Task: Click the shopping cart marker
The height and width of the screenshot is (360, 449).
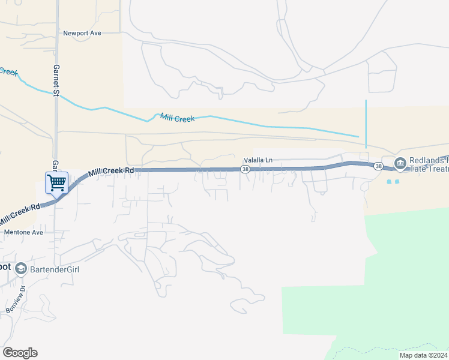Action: pyautogui.click(x=56, y=182)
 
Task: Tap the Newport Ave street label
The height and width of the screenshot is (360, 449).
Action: pyautogui.click(x=83, y=33)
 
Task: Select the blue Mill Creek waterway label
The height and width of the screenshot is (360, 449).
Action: pyautogui.click(x=177, y=118)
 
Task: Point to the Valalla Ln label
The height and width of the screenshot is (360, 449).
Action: pyautogui.click(x=258, y=160)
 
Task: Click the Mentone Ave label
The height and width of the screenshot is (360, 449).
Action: pyautogui.click(x=24, y=232)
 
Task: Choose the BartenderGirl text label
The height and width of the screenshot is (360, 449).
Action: pyautogui.click(x=54, y=269)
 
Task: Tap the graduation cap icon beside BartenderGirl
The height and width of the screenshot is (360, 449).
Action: pyautogui.click(x=21, y=268)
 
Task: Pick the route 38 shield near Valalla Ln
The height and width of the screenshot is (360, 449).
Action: pyautogui.click(x=245, y=170)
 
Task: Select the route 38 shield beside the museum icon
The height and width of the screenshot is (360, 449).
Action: pyautogui.click(x=378, y=166)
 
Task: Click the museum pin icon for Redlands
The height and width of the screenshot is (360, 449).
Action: pyautogui.click(x=400, y=163)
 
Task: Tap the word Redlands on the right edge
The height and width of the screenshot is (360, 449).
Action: pyautogui.click(x=429, y=161)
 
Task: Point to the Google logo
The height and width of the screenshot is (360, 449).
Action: pyautogui.click(x=20, y=353)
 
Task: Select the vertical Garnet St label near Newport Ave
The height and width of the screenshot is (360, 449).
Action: pyautogui.click(x=56, y=80)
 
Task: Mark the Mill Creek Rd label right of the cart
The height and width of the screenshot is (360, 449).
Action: pyautogui.click(x=111, y=171)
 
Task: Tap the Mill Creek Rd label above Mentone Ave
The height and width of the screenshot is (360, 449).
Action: pyautogui.click(x=20, y=214)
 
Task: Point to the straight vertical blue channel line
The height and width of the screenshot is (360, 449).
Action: pyautogui.click(x=366, y=123)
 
